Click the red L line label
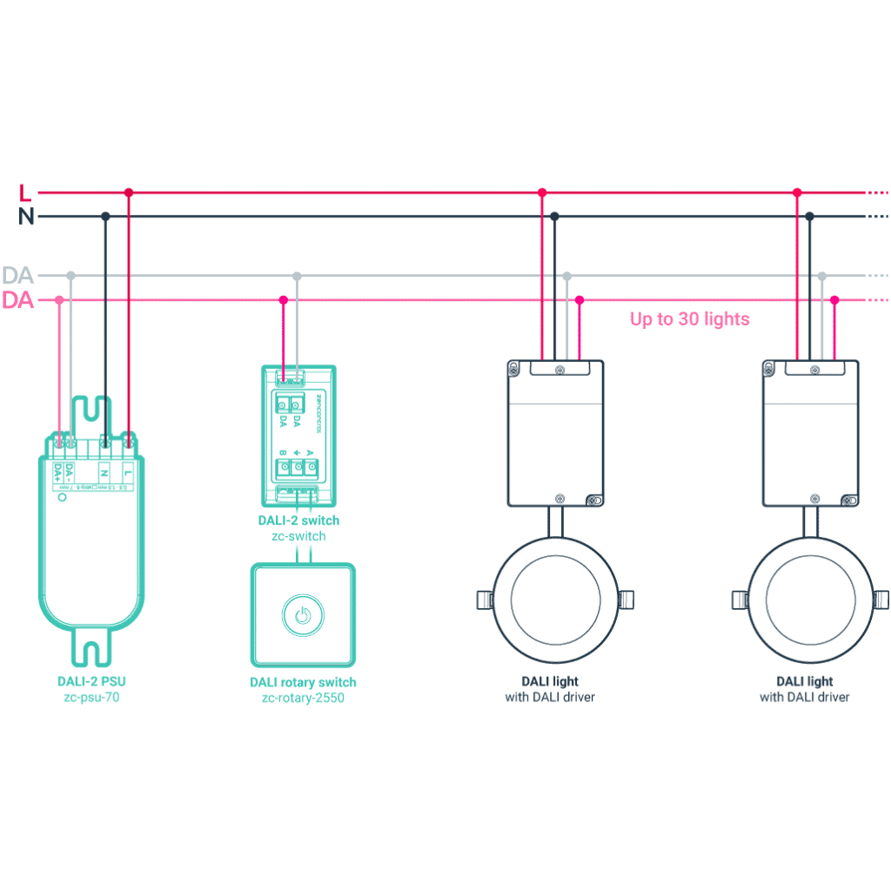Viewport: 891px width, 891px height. coord(24,193)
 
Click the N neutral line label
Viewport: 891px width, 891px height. coord(26,218)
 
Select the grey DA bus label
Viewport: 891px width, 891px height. coord(17,276)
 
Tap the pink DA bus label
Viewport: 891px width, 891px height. coord(17,301)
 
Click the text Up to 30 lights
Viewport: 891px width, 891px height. coord(689,319)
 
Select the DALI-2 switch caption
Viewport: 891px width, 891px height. coord(298,520)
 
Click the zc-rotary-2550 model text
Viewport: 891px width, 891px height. coord(302,698)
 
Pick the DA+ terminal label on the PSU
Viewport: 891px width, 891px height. coord(58,472)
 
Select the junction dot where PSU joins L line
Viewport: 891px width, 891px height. coord(128,192)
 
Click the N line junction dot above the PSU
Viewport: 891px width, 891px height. coord(105,216)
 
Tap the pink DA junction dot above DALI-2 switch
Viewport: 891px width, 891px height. coord(283,300)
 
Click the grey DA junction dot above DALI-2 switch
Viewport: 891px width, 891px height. coord(297,276)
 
